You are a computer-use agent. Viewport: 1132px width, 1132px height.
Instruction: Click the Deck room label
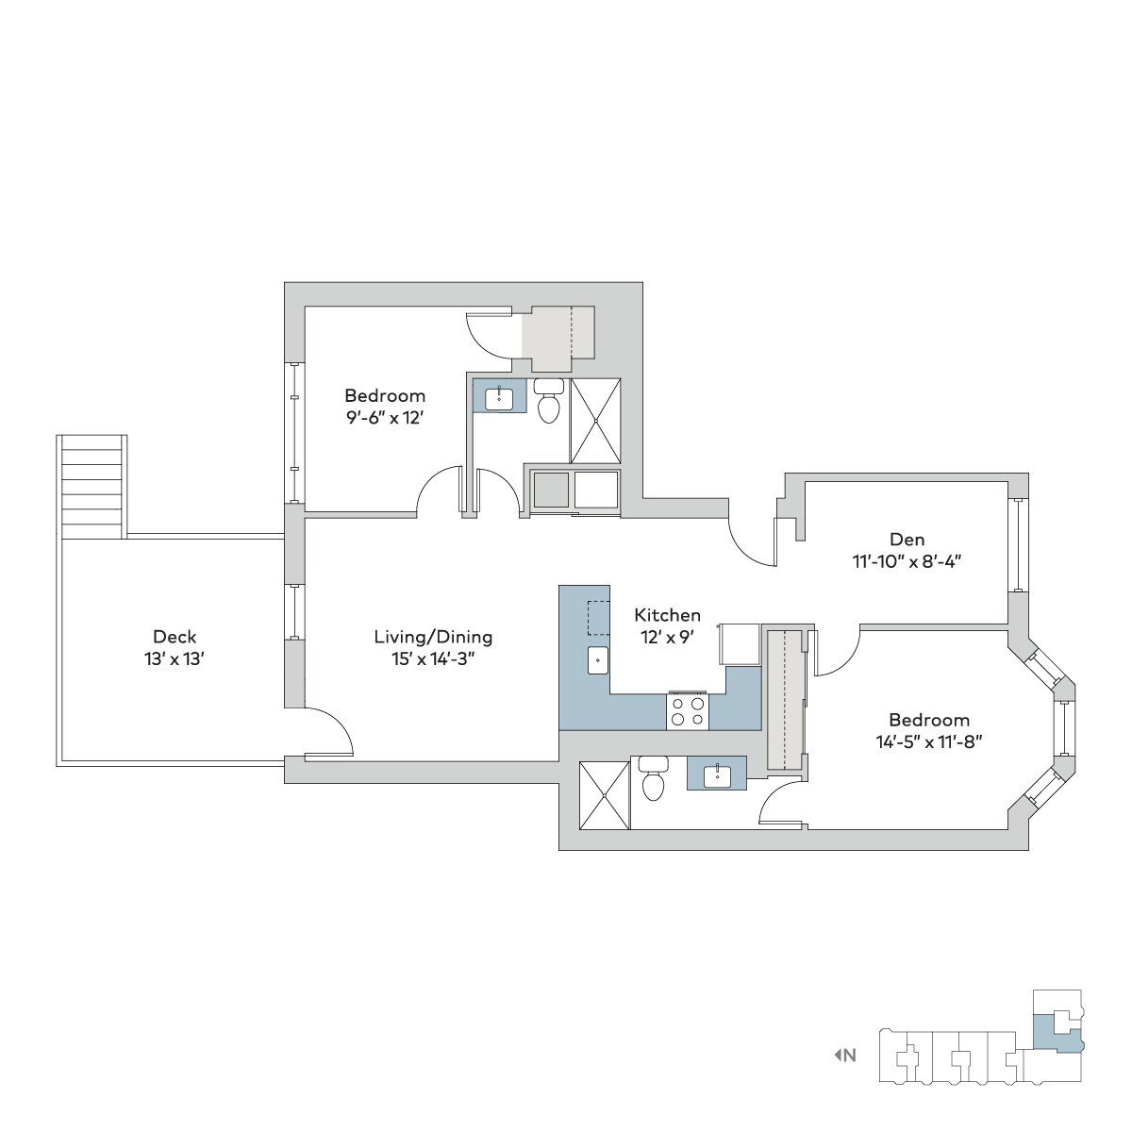coord(175,636)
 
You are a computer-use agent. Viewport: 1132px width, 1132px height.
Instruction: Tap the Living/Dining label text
coord(433,638)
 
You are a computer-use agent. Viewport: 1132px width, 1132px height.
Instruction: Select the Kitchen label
coord(667,615)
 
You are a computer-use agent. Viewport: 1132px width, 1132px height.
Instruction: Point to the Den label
coord(907,540)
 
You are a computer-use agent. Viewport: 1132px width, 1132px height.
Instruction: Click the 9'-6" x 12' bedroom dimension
coord(385,418)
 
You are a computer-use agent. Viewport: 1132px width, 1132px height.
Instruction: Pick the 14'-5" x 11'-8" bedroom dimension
coord(929,742)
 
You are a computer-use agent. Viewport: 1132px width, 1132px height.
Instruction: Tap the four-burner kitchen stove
coord(688,711)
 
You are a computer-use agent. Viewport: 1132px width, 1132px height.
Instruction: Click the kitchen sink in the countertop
coord(598,660)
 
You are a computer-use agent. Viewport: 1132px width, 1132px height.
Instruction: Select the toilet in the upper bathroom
coord(549,401)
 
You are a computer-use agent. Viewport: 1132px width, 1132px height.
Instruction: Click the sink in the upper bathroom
coord(499,399)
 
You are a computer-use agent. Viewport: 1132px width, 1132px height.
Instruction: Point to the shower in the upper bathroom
coord(595,421)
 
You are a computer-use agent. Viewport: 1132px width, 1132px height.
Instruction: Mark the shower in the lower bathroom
coord(605,795)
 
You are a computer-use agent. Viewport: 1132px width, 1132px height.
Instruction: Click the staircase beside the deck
coord(92,487)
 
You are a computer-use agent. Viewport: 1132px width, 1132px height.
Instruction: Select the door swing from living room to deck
coord(329,731)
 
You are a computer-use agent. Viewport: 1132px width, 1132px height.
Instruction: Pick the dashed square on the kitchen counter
coord(598,617)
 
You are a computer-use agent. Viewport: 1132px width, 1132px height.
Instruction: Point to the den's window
coord(1019,545)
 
